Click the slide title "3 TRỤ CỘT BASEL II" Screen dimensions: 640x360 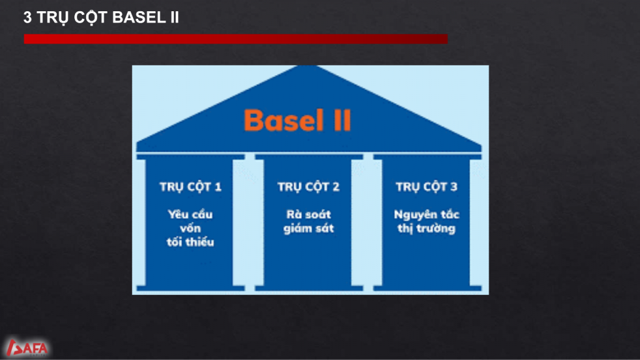coord(101,17)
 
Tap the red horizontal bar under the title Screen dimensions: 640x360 coord(236,39)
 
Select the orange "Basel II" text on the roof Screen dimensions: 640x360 coord(297,120)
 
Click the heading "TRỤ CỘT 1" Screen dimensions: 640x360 coord(190,187)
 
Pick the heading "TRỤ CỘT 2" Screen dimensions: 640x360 coord(308,187)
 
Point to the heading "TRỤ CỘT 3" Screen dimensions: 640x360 coord(426,187)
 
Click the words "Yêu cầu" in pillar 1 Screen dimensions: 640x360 coord(190,214)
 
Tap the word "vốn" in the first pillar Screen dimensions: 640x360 coord(190,227)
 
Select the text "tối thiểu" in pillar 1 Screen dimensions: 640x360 coord(190,242)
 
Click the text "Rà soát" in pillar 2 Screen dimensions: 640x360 coord(309,214)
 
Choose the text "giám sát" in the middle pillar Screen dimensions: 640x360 coord(309,228)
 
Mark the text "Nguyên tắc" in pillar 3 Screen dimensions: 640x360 coord(426,215)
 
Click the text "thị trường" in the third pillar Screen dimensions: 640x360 coord(426,228)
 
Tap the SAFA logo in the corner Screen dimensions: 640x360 coord(27,347)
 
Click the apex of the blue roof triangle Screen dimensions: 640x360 coord(309,66)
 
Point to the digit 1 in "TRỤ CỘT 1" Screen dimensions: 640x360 coord(218,187)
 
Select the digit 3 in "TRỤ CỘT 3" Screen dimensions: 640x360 coord(454,187)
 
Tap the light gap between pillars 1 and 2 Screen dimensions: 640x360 coord(250,222)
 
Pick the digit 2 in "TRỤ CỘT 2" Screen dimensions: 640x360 coord(336,187)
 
